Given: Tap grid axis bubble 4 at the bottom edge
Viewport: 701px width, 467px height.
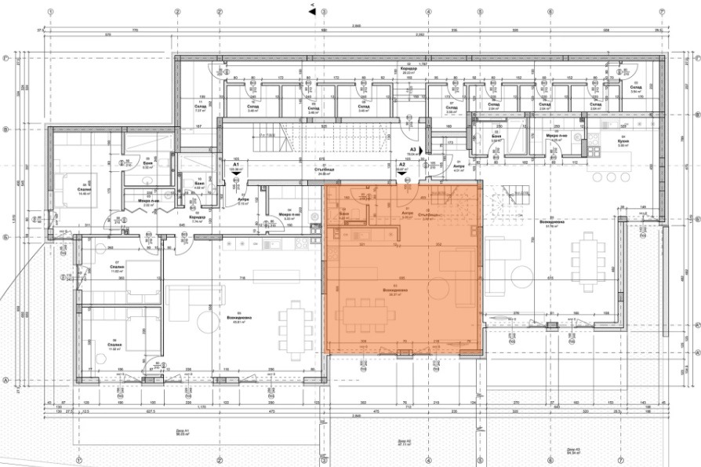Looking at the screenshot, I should [429, 459].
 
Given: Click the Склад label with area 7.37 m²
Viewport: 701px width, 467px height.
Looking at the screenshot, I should [200, 109].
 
